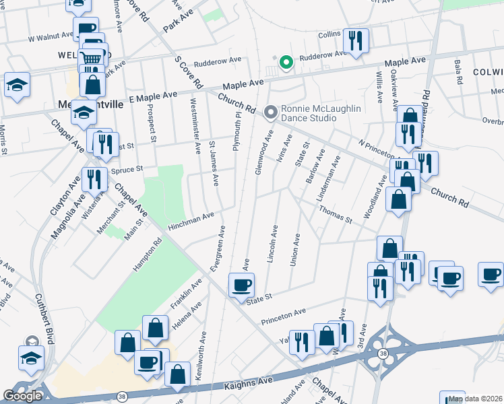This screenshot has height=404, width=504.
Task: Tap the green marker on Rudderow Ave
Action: click(x=286, y=63)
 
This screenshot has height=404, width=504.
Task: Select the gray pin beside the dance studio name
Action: click(x=271, y=112)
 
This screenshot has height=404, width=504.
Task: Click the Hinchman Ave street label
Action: click(x=191, y=219)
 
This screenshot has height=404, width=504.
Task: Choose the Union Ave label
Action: click(x=294, y=249)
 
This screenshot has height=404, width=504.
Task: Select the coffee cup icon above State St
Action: click(x=241, y=285)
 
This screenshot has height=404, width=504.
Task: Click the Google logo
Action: click(x=22, y=396)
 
